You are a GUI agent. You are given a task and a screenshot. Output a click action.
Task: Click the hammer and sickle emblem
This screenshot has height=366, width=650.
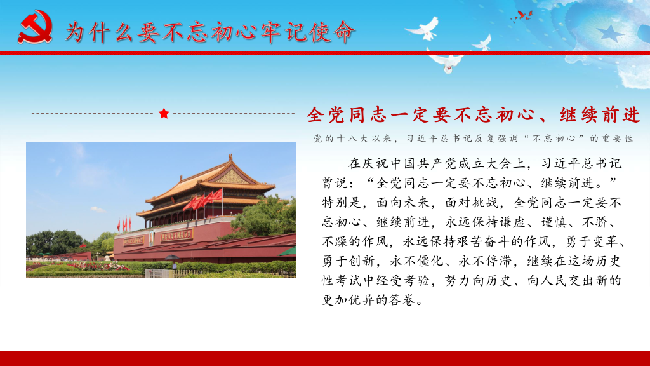(x=36, y=27)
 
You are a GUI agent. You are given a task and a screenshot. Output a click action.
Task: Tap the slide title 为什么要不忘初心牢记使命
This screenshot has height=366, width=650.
(x=211, y=32)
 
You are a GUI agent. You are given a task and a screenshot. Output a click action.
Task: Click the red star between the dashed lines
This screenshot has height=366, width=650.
(x=164, y=113)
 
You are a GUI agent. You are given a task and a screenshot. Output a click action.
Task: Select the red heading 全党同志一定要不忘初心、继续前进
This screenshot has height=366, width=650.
(x=474, y=114)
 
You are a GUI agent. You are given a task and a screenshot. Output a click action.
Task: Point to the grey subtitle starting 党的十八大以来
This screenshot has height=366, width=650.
(x=474, y=138)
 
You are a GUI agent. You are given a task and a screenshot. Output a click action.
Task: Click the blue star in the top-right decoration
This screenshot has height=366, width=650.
(x=610, y=33)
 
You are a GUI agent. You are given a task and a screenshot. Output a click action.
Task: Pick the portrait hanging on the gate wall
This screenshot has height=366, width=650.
(x=152, y=238)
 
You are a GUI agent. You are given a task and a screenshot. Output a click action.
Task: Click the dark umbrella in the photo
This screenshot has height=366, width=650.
(x=171, y=257)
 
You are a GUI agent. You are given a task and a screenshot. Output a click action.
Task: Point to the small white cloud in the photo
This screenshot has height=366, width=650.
(x=97, y=210)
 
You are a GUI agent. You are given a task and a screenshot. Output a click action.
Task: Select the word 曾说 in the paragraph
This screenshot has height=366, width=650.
(x=335, y=182)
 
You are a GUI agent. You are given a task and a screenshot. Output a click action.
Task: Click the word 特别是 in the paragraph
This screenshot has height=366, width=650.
(x=342, y=203)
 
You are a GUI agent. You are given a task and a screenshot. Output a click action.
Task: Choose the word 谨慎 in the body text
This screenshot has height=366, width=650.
(x=554, y=222)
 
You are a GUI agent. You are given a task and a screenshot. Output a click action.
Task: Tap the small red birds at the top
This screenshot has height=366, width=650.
(x=523, y=16)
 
